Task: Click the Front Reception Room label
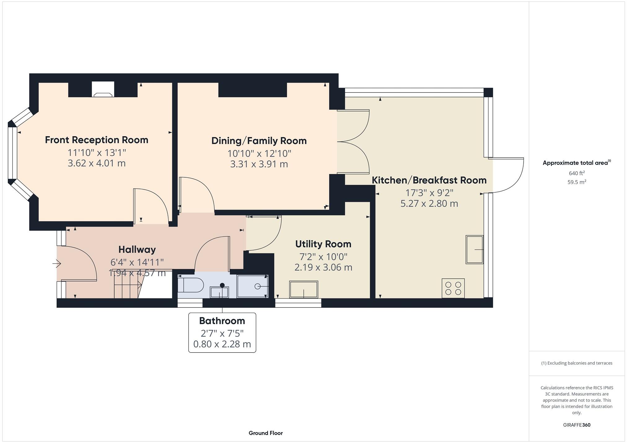pyautogui.click(x=97, y=140)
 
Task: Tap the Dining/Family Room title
pyautogui.click(x=259, y=141)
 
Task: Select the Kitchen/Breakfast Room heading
pyautogui.click(x=429, y=180)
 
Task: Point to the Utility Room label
pyautogui.click(x=323, y=244)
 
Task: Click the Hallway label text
pyautogui.click(x=137, y=250)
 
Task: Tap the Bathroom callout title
pyautogui.click(x=222, y=321)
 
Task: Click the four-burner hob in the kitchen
pyautogui.click(x=453, y=288)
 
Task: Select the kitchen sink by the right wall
pyautogui.click(x=475, y=250)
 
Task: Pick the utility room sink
pyautogui.click(x=304, y=289)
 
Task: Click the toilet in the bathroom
pyautogui.click(x=191, y=285)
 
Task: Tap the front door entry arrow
pyautogui.click(x=57, y=264)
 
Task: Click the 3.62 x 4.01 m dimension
pyautogui.click(x=97, y=163)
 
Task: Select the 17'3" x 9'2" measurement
pyautogui.click(x=429, y=193)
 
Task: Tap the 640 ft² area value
pyautogui.click(x=577, y=173)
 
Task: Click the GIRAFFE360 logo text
pyautogui.click(x=577, y=425)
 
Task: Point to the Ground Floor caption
pyautogui.click(x=266, y=433)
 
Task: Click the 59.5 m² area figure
pyautogui.click(x=577, y=182)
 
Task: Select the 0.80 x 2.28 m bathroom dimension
pyautogui.click(x=222, y=344)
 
